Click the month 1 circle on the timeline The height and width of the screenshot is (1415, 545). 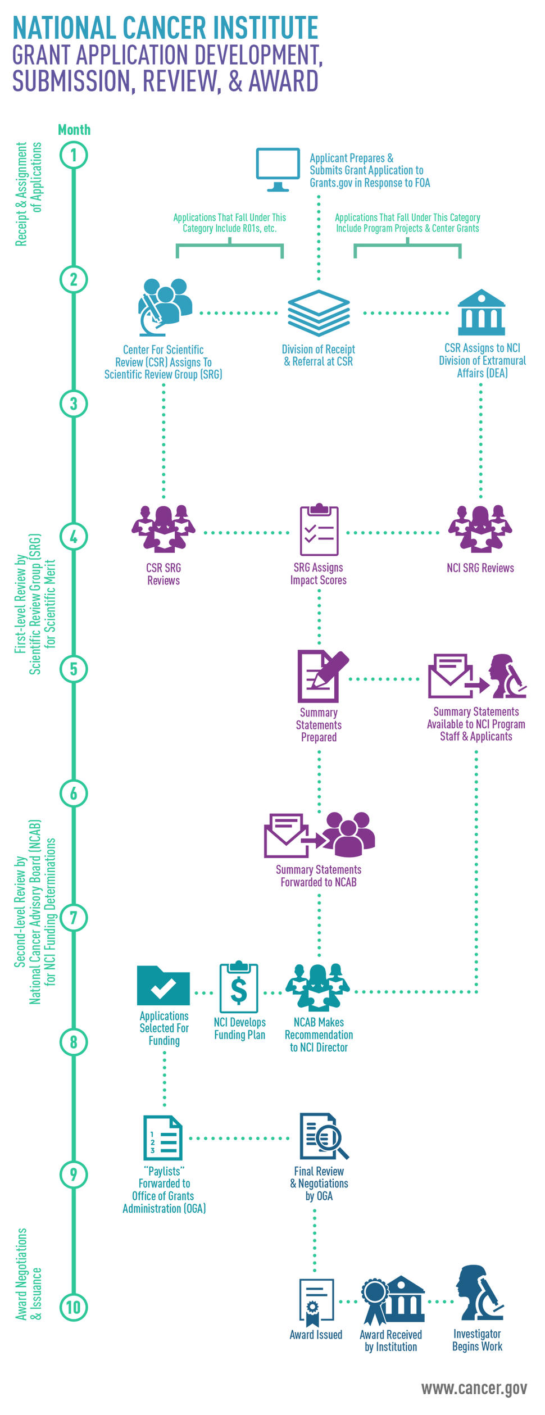click(74, 155)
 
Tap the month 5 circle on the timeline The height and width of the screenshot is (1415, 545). click(74, 669)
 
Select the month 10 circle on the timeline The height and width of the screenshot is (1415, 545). click(74, 1308)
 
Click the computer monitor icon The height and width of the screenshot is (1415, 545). click(278, 169)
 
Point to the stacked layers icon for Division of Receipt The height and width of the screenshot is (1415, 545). click(319, 312)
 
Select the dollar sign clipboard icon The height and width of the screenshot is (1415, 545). click(239, 987)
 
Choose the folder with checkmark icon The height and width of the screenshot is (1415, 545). click(163, 986)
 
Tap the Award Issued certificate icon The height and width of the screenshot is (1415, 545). click(316, 1302)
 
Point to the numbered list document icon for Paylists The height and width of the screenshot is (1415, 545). click(163, 1138)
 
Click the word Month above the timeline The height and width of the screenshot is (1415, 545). click(74, 130)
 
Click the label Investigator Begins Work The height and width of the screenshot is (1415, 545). click(477, 1340)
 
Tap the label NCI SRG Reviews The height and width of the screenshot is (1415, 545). click(480, 568)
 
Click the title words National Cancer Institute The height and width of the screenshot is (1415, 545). click(165, 28)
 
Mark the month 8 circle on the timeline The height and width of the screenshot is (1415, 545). click(74, 1042)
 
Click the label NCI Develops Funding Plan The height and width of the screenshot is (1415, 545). click(240, 1029)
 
